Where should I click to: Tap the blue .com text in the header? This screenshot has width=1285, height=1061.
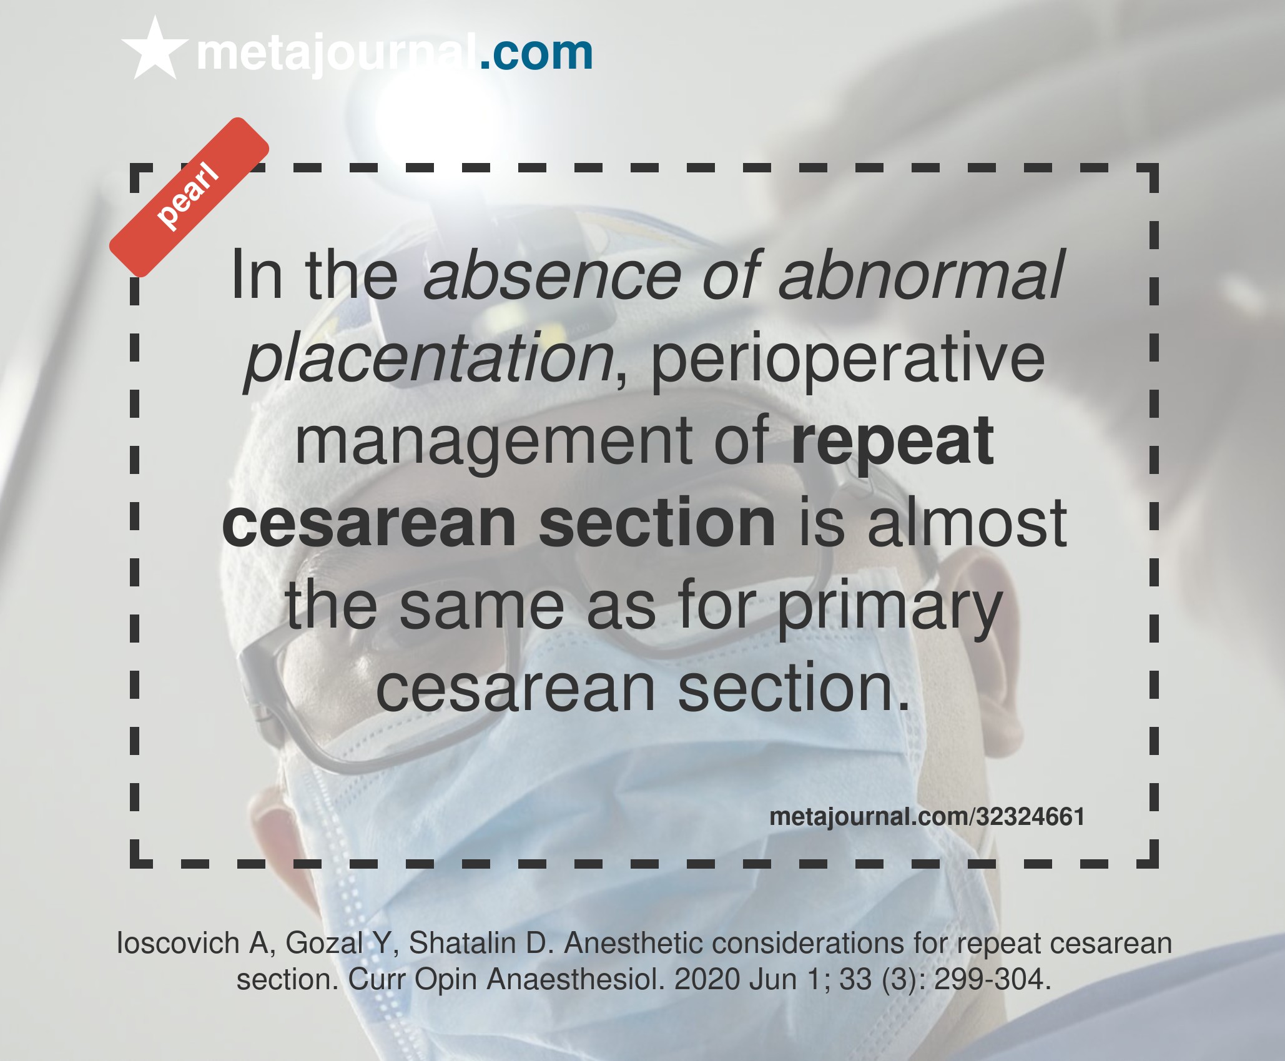click(536, 53)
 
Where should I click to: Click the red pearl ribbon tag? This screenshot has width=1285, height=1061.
click(189, 197)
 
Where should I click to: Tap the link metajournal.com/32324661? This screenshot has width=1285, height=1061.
click(927, 817)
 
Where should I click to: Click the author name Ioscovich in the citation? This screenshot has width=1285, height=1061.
click(178, 943)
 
